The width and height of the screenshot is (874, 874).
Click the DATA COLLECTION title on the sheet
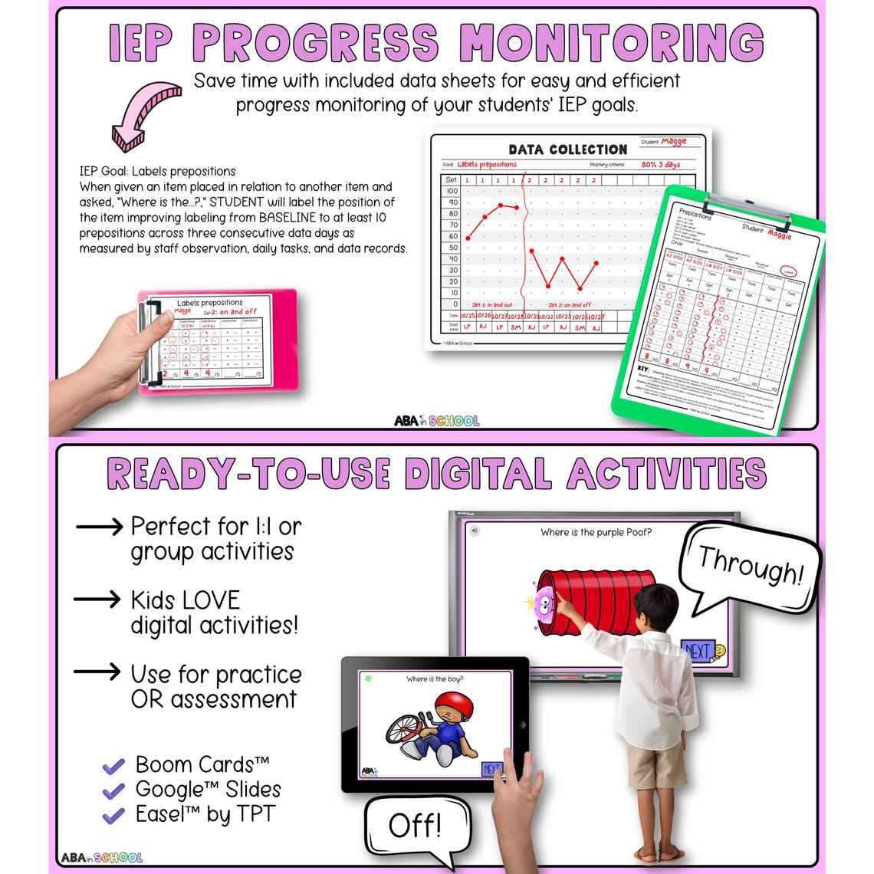[x=567, y=149]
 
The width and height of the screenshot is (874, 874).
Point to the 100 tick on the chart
[x=452, y=191]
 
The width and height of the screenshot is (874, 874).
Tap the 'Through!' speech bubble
[x=749, y=568]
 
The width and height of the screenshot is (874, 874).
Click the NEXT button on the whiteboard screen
[x=698, y=651]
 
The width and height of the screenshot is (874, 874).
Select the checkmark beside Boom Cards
[x=113, y=766]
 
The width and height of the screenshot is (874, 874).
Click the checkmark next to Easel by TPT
[x=113, y=815]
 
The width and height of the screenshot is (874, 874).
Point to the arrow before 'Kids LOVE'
[x=97, y=600]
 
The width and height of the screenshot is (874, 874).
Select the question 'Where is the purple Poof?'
[x=596, y=532]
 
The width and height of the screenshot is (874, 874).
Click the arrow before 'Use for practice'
[x=97, y=672]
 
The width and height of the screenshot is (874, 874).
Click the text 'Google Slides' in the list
[x=208, y=789]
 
